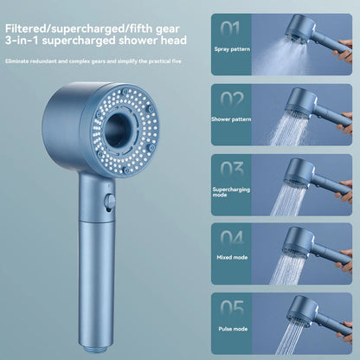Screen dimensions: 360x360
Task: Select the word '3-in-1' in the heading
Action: (23, 39)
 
